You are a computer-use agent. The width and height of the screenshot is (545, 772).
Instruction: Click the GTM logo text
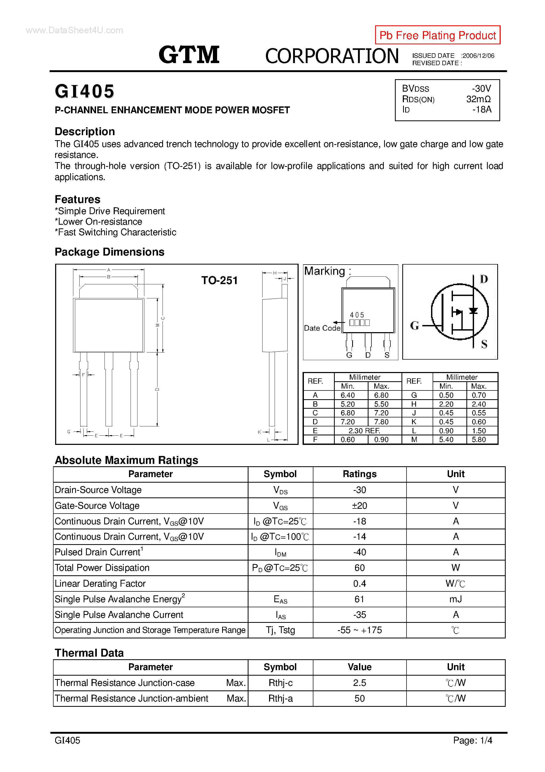pos(189,55)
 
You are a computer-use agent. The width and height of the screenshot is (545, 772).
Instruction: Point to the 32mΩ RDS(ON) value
pos(478,99)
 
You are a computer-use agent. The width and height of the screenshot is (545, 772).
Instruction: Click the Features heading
pos(78,199)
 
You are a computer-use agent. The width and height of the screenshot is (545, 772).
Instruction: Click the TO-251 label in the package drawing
pos(219,280)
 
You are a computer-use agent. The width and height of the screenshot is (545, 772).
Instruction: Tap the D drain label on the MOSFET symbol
pos(484,279)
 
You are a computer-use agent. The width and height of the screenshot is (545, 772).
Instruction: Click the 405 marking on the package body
pos(357,315)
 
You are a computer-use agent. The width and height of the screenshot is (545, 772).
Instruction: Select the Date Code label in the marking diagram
pos(322,328)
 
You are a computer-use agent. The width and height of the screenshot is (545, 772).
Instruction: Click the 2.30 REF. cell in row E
pos(364,431)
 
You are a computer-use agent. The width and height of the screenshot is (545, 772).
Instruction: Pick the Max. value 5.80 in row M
pos(479,439)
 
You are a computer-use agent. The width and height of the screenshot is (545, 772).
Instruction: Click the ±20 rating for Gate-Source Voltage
pos(359,506)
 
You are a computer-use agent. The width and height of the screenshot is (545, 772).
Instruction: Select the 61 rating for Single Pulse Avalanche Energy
pos(359,599)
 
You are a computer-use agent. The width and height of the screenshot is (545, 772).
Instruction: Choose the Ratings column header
pos(359,474)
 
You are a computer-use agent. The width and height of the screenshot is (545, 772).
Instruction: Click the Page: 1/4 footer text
pos(472,740)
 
